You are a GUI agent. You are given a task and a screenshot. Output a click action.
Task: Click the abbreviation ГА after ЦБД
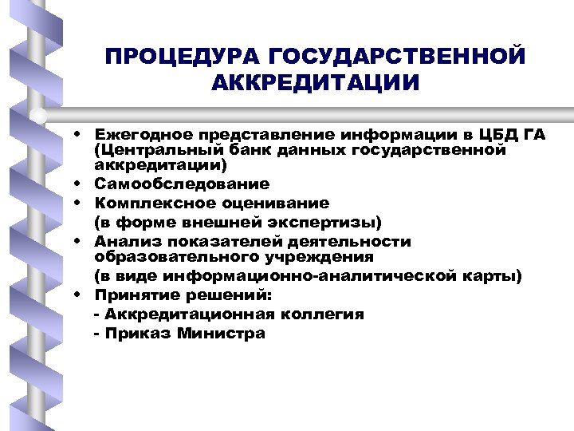click(535, 134)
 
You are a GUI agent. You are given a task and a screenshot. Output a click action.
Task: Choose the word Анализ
click(123, 241)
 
